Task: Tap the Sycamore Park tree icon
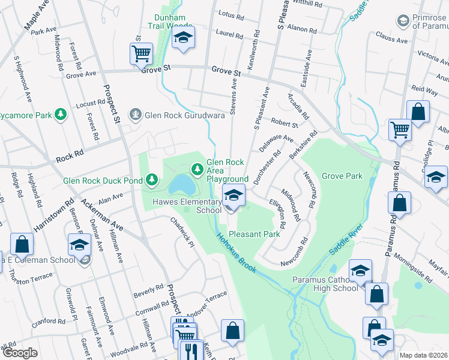click(x=60, y=114)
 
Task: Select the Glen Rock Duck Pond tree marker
click(x=152, y=179)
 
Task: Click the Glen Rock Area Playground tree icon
click(x=197, y=170)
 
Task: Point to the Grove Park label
click(x=342, y=176)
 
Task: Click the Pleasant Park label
click(x=255, y=234)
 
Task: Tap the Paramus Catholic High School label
click(x=325, y=284)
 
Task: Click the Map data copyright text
click(x=424, y=355)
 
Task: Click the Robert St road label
click(x=285, y=124)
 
